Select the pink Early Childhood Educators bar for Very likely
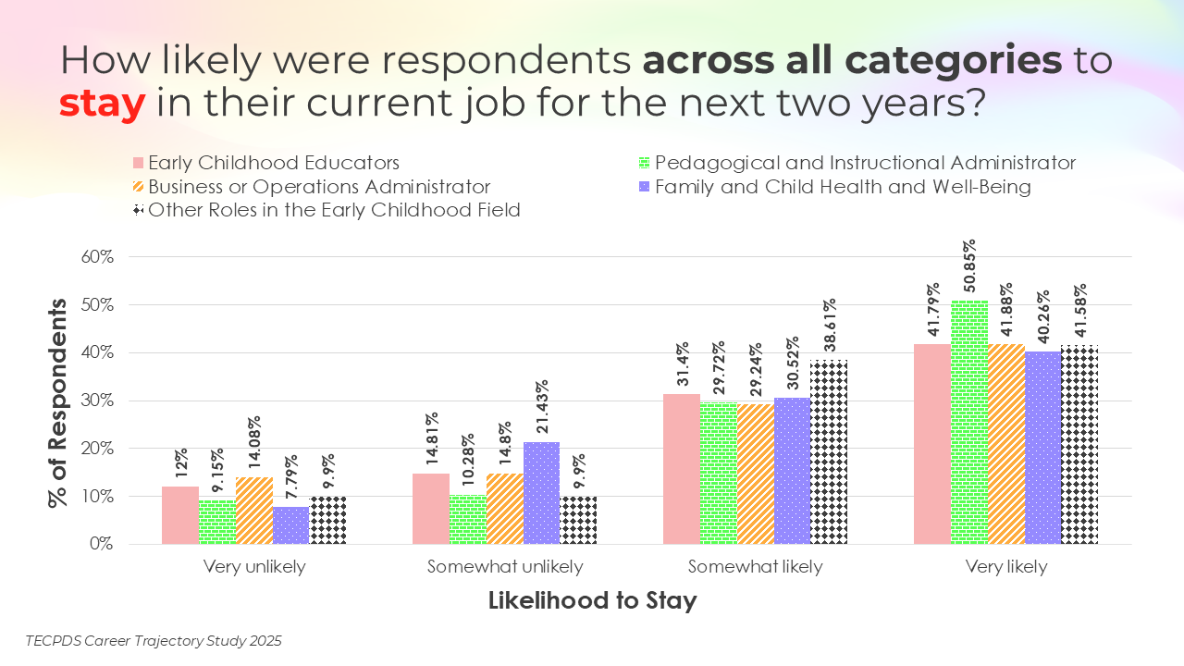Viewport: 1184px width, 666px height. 931,444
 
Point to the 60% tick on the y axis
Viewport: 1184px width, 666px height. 96,256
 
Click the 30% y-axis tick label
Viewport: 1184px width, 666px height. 96,401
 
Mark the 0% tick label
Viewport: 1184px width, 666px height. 100,544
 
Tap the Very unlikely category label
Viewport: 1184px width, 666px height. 254,567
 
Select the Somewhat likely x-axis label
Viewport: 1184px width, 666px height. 755,567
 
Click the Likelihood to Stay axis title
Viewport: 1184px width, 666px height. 592,601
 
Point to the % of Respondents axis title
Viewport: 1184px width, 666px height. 57,401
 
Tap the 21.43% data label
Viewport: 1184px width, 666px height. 542,406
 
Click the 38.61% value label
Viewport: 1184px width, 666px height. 830,326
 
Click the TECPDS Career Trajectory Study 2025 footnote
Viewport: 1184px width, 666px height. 154,640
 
